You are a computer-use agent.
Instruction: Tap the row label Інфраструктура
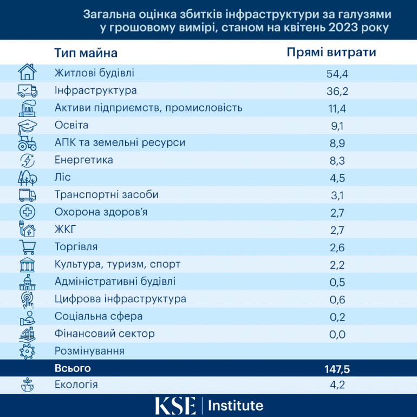pyautogui.click(x=96, y=90)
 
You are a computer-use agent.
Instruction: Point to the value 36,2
pyautogui.click(x=336, y=91)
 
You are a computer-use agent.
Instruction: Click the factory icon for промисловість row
pyautogui.click(x=27, y=108)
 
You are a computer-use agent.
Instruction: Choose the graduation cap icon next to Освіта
pyautogui.click(x=27, y=126)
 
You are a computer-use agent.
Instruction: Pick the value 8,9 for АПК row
pyautogui.click(x=336, y=143)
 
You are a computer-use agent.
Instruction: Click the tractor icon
pyautogui.click(x=27, y=143)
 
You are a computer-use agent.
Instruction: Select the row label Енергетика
pyautogui.click(x=84, y=160)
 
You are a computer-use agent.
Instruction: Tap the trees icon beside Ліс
pyautogui.click(x=27, y=178)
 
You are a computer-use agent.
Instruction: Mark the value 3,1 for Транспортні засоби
pyautogui.click(x=336, y=195)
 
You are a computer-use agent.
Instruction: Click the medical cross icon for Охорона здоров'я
pyautogui.click(x=27, y=212)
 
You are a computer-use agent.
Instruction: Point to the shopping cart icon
pyautogui.click(x=27, y=247)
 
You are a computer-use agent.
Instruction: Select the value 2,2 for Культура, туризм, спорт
pyautogui.click(x=336, y=264)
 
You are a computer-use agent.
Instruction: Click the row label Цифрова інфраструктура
pyautogui.click(x=120, y=299)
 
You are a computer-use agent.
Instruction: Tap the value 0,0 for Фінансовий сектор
pyautogui.click(x=336, y=334)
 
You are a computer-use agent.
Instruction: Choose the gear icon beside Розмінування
pyautogui.click(x=27, y=351)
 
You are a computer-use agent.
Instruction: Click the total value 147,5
pyautogui.click(x=336, y=369)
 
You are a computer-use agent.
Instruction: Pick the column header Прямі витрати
pyautogui.click(x=331, y=53)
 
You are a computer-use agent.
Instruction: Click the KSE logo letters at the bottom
pyautogui.click(x=175, y=406)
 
